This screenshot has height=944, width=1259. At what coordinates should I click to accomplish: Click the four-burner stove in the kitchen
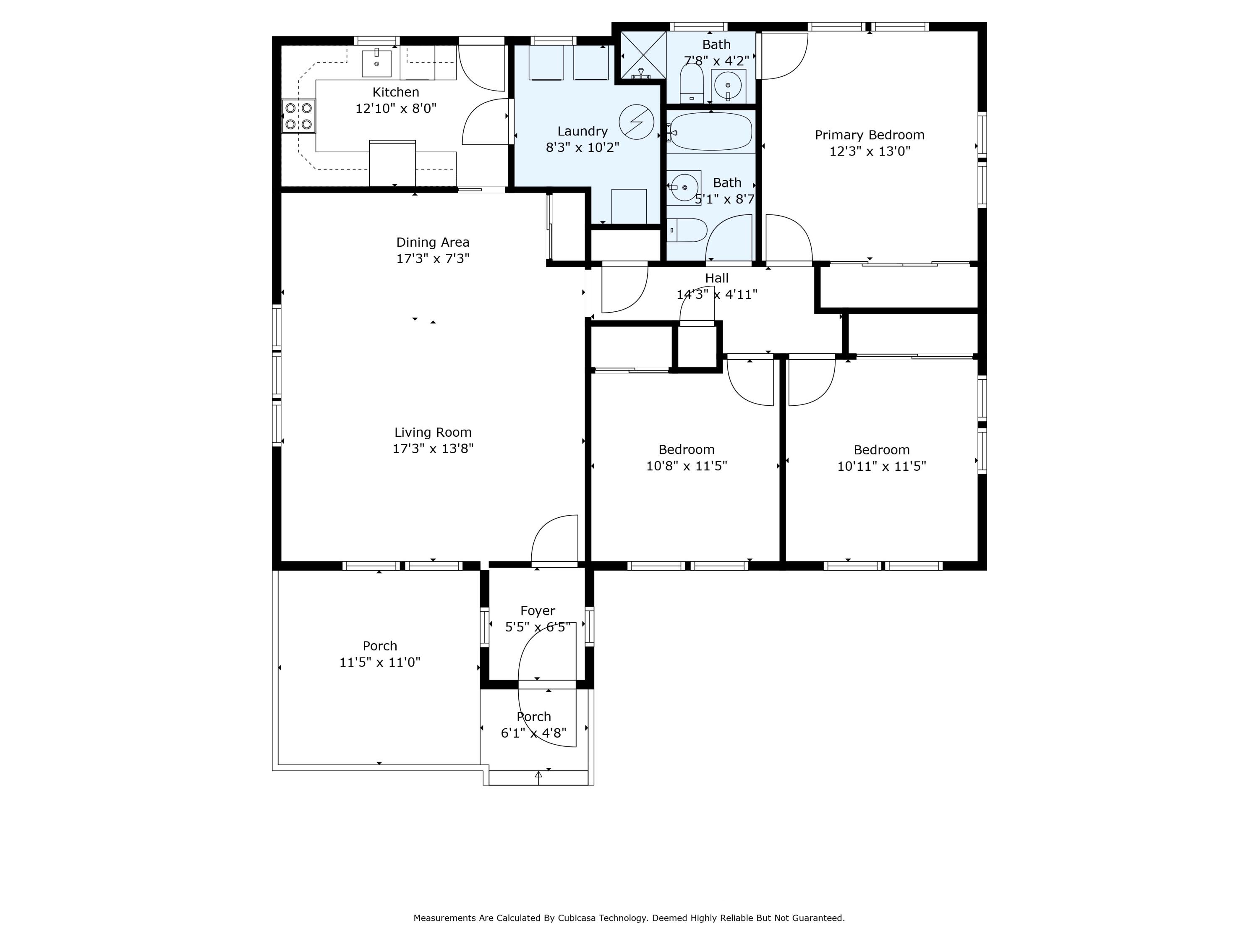[298, 116]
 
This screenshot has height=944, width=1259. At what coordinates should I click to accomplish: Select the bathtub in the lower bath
[711, 131]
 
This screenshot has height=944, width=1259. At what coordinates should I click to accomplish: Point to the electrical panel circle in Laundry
[636, 122]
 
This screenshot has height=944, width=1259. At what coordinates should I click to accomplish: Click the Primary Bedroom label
[870, 135]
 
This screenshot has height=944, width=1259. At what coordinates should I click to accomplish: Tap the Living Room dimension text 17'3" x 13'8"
[433, 449]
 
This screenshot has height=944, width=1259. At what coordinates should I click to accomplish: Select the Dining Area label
[433, 243]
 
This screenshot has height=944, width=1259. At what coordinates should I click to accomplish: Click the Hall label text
[717, 278]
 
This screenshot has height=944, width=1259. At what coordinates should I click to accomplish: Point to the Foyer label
[538, 611]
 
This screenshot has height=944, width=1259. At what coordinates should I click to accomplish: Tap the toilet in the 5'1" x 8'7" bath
[687, 230]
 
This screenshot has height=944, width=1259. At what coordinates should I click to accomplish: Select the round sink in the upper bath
[728, 85]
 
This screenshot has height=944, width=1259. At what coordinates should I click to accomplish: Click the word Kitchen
[396, 92]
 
